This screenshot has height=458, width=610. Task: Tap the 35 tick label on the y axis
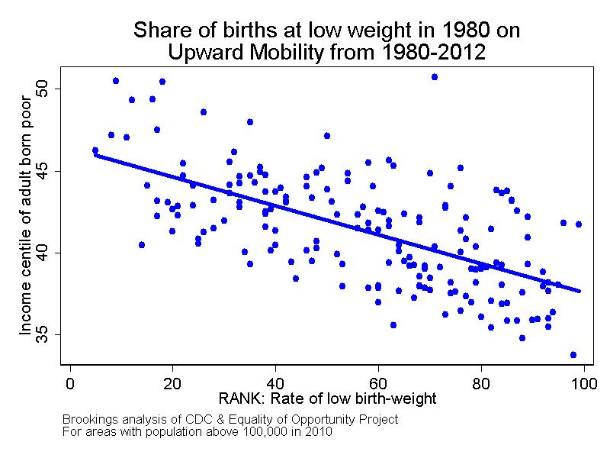[x=48, y=334]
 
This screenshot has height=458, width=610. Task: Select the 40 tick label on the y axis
[x=48, y=253]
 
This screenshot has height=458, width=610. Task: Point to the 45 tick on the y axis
[x=48, y=171]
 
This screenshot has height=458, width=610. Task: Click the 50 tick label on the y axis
[x=48, y=89]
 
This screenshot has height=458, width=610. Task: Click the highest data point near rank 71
[x=435, y=77]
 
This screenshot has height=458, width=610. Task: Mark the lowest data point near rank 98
[x=573, y=355]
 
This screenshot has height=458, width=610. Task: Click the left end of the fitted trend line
[x=95, y=155]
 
